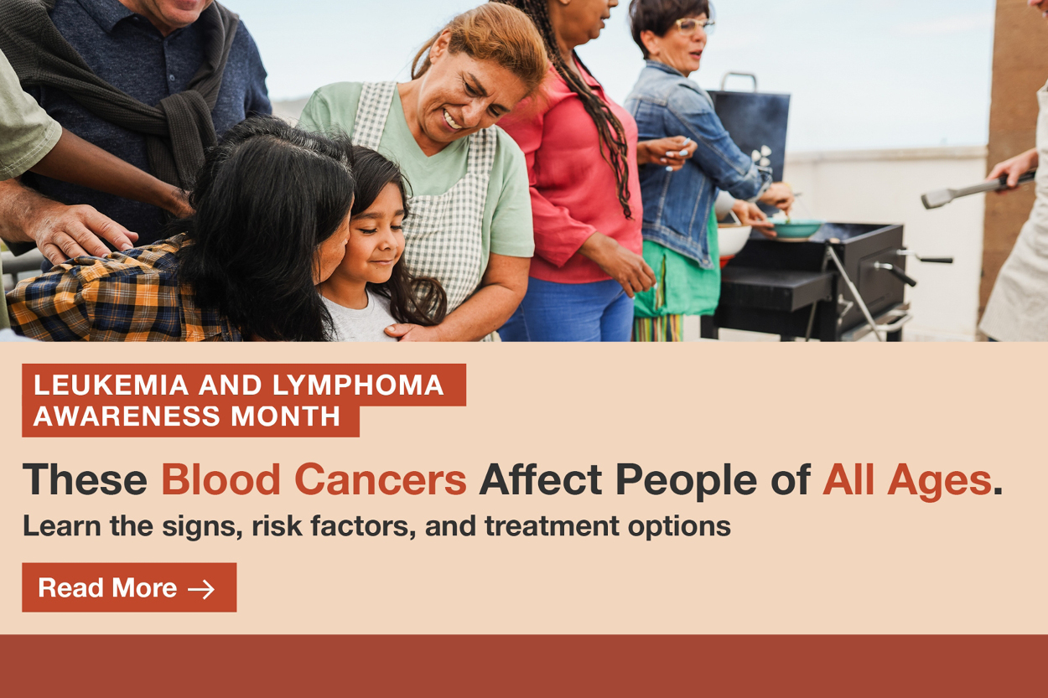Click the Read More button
point(129,587)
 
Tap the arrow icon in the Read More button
point(201,589)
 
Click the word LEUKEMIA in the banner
point(111,385)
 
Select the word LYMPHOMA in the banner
point(358,385)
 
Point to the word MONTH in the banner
point(285,416)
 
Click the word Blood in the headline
point(220,479)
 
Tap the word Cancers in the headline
point(381,479)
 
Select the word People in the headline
point(686,482)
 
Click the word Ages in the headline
point(940,482)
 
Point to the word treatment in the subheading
point(552,525)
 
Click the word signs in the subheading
point(202,527)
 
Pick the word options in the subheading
point(679,527)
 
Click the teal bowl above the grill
point(796,229)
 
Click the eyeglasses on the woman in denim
point(694,25)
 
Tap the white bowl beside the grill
point(734,240)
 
